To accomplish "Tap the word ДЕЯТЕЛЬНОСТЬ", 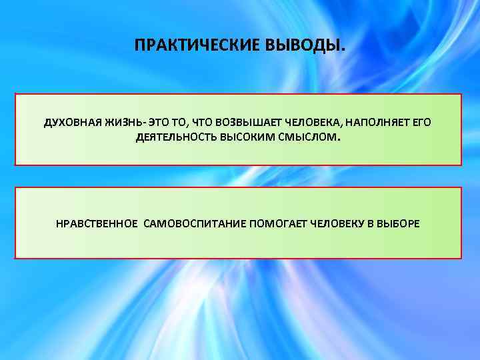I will tap(171, 139).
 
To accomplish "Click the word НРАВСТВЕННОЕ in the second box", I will tap(96, 223).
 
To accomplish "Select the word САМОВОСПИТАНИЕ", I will tap(194, 223).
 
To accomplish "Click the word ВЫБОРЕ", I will tap(398, 223).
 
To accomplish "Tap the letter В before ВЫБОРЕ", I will tap(370, 223).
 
